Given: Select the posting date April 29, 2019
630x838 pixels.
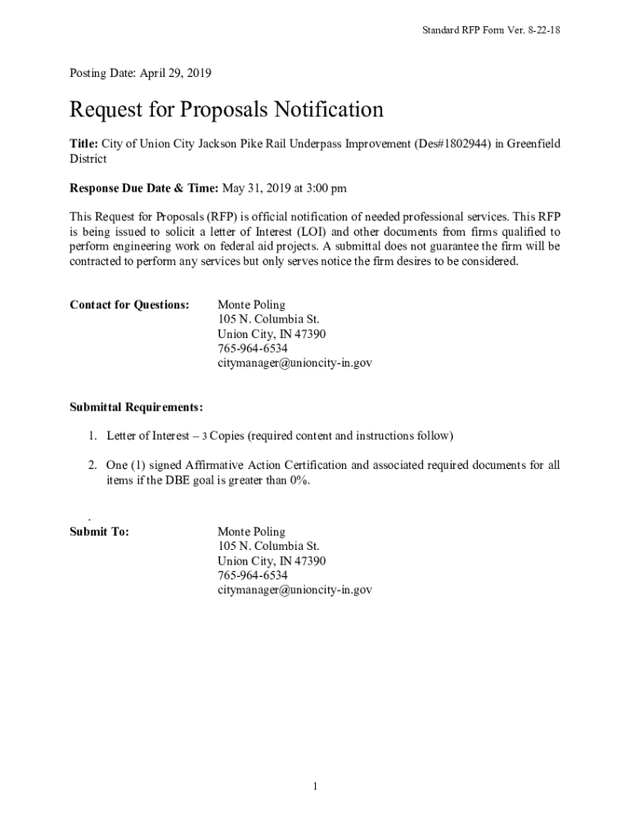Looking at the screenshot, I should pos(176,74).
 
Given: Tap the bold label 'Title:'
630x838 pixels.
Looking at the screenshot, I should pos(83,144).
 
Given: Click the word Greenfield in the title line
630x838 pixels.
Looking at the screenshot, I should pos(533,144).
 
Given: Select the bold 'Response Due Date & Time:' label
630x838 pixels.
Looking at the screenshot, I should pos(144,188).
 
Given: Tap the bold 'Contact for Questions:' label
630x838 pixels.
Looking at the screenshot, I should pos(129,305).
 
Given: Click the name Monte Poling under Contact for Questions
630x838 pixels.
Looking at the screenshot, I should pos(251,305).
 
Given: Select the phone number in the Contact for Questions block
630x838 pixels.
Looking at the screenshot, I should pos(252,348).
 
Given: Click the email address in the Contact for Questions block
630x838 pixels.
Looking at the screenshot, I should pos(295,363).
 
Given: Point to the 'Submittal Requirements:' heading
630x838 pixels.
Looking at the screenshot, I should pos(137,407).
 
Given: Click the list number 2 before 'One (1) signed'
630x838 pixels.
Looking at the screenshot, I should pos(93,466).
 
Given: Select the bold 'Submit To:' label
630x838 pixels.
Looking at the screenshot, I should pos(99,532).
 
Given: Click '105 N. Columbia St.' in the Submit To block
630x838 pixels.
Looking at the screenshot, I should pos(268,547).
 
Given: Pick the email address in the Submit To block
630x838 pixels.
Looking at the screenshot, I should pos(295,589).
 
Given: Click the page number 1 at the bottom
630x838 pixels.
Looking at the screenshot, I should pos(314,787).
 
